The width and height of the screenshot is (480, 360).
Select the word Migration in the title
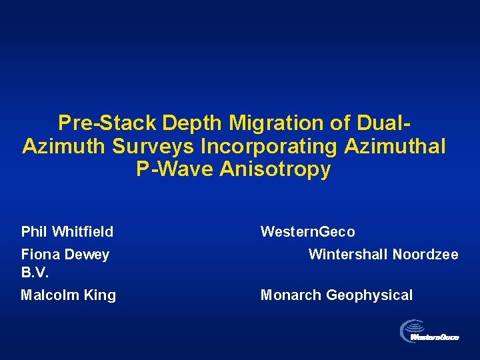279,123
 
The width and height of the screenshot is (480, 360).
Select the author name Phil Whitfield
67,232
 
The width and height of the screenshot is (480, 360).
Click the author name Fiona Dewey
65,255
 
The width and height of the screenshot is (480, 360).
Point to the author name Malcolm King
69,295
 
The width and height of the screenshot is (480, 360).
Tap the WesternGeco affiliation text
307,232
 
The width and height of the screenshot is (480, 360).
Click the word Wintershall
347,255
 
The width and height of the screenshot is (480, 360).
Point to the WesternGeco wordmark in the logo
435,338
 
